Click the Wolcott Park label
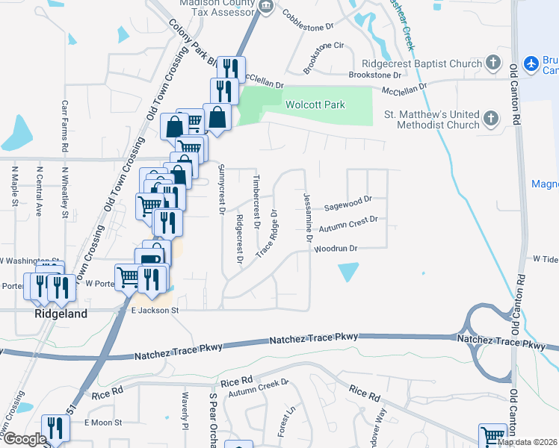point(315,105)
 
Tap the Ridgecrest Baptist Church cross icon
point(492,63)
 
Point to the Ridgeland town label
point(61,314)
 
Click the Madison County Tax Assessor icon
point(264,7)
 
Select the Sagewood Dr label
point(348,201)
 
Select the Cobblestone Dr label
point(308,25)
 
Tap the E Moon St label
point(103,423)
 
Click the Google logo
point(25,439)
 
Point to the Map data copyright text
point(527,442)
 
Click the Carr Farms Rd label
point(66,127)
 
